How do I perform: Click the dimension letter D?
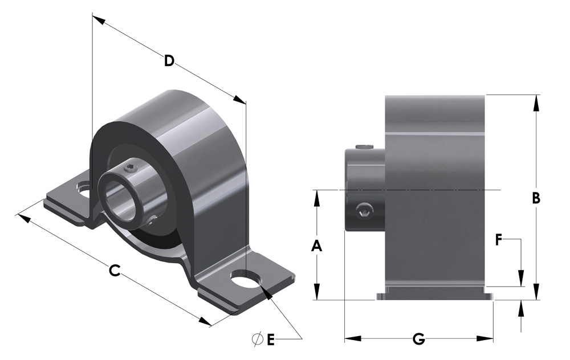pos(169,61)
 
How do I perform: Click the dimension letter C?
pos(115,270)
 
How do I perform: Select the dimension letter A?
pos(317,246)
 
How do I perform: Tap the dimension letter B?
pos(536,198)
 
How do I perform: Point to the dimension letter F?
pos(499,239)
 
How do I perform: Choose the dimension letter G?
pos(419,339)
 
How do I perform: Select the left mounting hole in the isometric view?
pos(85,191)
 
